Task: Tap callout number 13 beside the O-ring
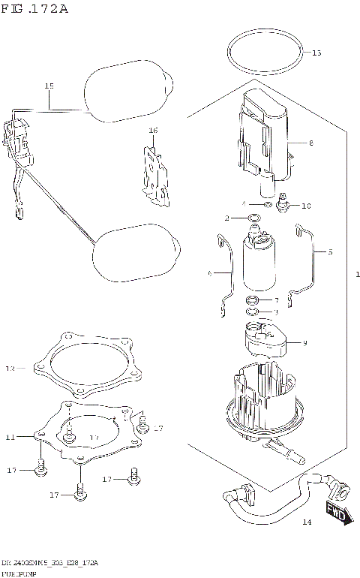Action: point(316,53)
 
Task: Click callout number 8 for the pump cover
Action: point(310,142)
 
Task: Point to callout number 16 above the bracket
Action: point(153,131)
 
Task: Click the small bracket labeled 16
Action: point(155,176)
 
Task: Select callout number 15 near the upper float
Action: point(49,86)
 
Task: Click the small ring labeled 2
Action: point(254,218)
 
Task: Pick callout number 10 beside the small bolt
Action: point(305,205)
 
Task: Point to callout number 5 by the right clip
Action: point(328,253)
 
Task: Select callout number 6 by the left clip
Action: point(211,274)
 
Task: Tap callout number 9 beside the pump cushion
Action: point(304,344)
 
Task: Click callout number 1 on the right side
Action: point(358,275)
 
